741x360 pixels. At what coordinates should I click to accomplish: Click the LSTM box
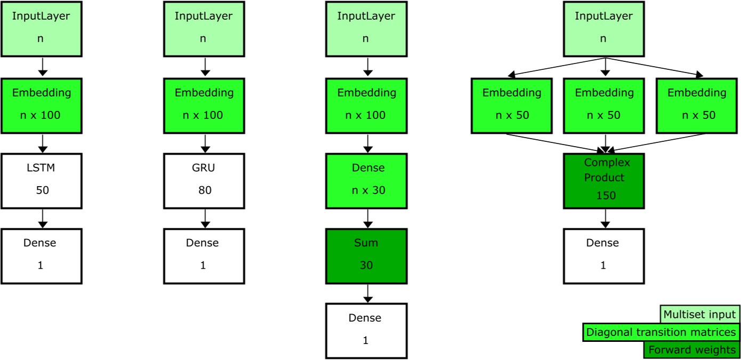tap(42, 181)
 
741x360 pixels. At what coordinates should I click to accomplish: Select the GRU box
tap(204, 181)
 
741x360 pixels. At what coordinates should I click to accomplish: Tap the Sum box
tap(366, 256)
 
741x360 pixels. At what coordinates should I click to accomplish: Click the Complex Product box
tap(604, 181)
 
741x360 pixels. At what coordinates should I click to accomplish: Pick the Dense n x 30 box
tap(366, 181)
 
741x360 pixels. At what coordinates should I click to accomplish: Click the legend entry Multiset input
tap(699, 315)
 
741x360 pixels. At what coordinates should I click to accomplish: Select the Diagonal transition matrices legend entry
tap(661, 332)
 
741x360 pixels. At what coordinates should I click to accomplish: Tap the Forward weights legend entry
tap(692, 350)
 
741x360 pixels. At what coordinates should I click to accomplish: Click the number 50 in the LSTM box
tap(42, 190)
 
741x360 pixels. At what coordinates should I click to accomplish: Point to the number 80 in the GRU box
tap(205, 190)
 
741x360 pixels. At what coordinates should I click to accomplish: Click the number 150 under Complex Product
tap(606, 196)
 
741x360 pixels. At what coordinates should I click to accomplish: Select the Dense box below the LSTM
tap(42, 256)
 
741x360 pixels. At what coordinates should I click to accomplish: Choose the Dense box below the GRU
tap(204, 256)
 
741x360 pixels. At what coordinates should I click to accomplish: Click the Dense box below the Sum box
tap(366, 331)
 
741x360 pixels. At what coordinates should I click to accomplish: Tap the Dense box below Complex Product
tap(604, 256)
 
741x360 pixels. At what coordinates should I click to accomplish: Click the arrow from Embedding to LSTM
tap(43, 143)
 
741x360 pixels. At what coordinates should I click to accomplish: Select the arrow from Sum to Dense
tap(367, 293)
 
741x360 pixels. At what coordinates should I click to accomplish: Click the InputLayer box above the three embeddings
tap(604, 29)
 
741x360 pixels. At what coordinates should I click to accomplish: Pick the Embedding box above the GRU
tap(204, 106)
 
